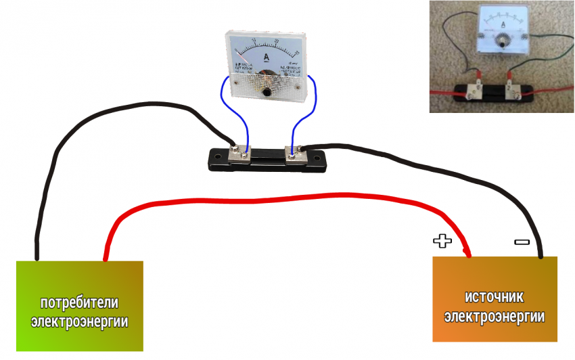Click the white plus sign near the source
click(x=441, y=240)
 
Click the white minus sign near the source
click(x=522, y=241)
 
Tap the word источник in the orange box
click(x=495, y=297)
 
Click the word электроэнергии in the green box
click(x=79, y=321)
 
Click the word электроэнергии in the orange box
click(x=495, y=316)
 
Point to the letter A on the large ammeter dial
click(x=267, y=57)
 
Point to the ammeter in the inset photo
click(x=502, y=30)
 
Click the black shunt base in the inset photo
click(x=495, y=93)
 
